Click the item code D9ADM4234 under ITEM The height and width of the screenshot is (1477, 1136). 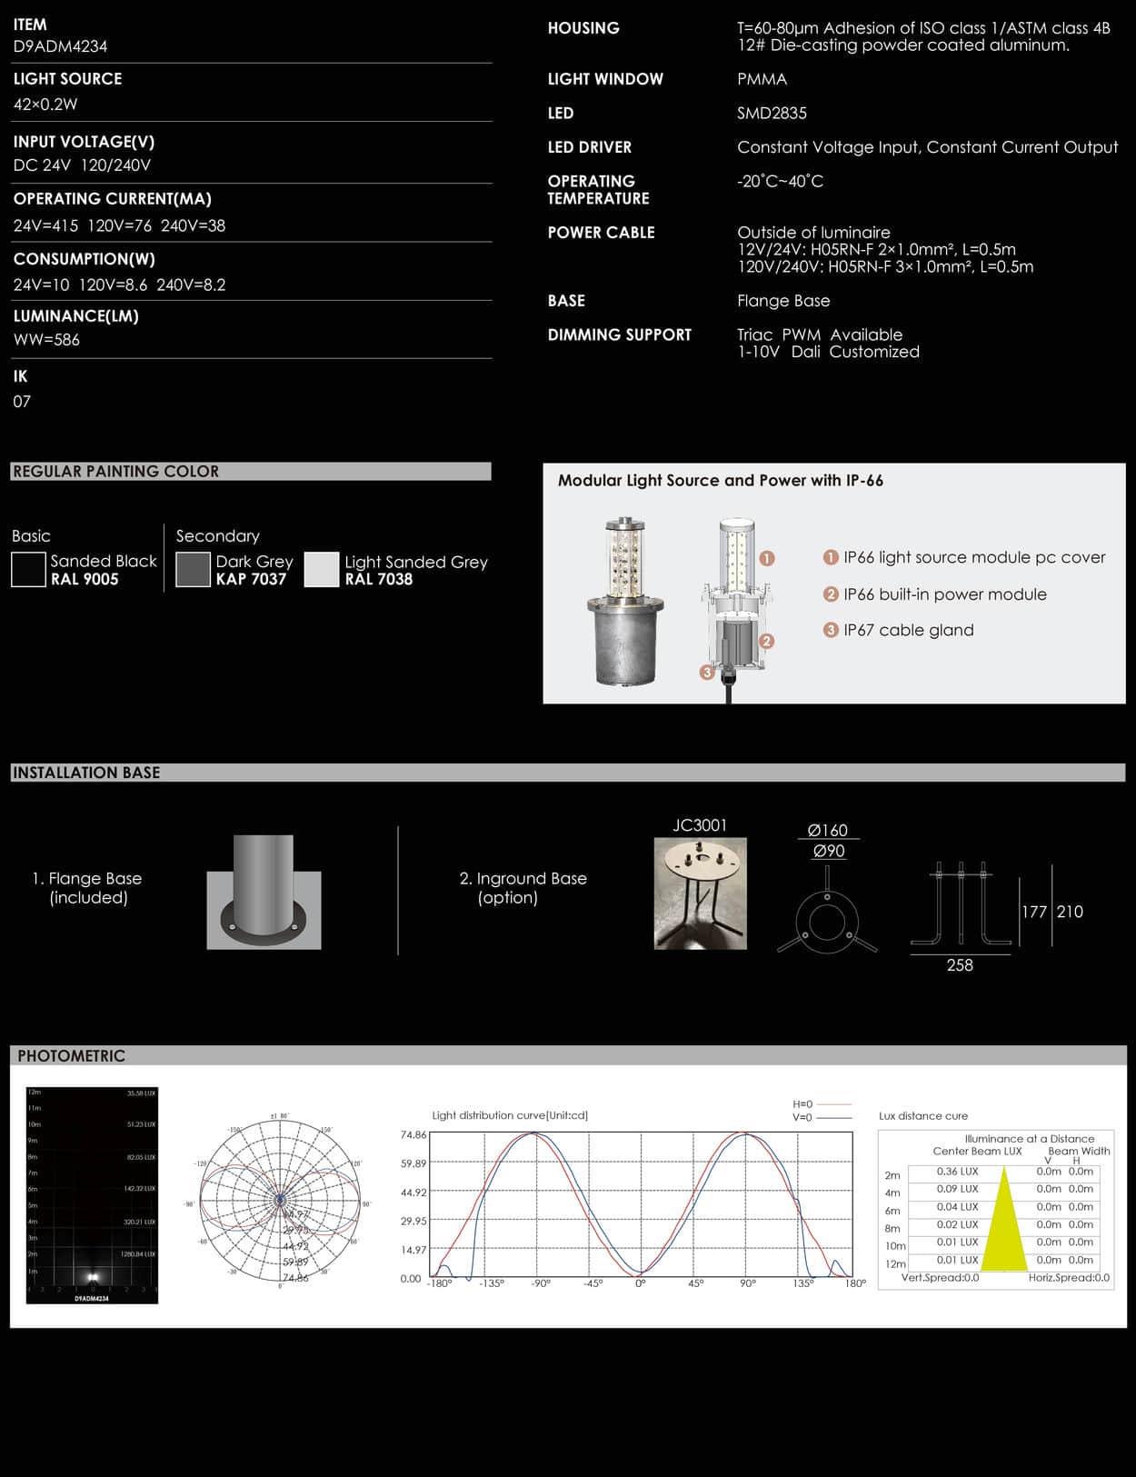(x=60, y=46)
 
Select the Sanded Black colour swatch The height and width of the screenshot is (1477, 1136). (x=28, y=570)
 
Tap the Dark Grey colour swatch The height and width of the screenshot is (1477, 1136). (x=193, y=570)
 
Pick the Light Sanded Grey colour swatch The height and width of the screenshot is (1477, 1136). (x=321, y=570)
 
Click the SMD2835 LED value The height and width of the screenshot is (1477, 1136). (x=772, y=114)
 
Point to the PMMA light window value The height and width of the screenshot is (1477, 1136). (x=762, y=80)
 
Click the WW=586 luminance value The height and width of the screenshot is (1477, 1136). (x=46, y=340)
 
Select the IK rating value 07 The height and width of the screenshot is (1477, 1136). (x=22, y=402)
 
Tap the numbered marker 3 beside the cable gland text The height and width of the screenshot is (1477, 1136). (x=830, y=630)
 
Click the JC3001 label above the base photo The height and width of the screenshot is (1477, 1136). (x=700, y=825)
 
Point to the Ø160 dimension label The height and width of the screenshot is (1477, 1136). (x=827, y=831)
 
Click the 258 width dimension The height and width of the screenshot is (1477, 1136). (x=960, y=965)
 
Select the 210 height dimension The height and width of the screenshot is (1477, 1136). (x=1070, y=912)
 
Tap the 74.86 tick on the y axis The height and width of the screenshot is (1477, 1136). (x=414, y=1135)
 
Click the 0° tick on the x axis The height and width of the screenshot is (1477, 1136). (x=640, y=1283)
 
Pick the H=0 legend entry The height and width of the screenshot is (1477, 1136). (x=803, y=1104)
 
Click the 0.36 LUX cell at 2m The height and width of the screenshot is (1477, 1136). (x=957, y=1172)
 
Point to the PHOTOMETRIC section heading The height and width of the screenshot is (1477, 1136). (x=71, y=1056)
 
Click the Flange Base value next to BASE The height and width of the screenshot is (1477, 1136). (x=783, y=301)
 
